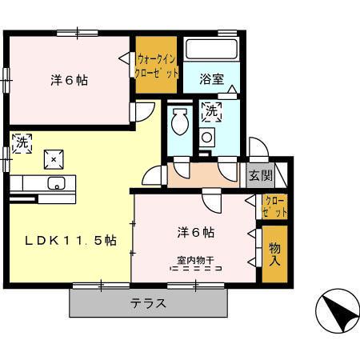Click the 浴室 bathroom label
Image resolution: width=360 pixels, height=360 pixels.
coord(211,79)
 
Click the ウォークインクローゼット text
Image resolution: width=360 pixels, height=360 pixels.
coord(155,64)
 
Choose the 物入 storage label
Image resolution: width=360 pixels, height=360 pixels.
coord(274,254)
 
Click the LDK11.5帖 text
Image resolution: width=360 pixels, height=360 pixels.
coord(70,240)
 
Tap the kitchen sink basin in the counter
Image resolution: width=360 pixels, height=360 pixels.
coord(56,184)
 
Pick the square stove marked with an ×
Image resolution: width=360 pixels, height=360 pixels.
coord(54,159)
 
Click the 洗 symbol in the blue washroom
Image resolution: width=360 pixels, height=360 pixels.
coord(211,112)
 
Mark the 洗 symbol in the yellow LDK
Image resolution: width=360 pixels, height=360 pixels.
coord(22,143)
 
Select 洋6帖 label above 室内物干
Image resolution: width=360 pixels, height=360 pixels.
coord(195,233)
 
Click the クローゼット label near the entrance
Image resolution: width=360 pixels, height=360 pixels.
coord(274,206)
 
